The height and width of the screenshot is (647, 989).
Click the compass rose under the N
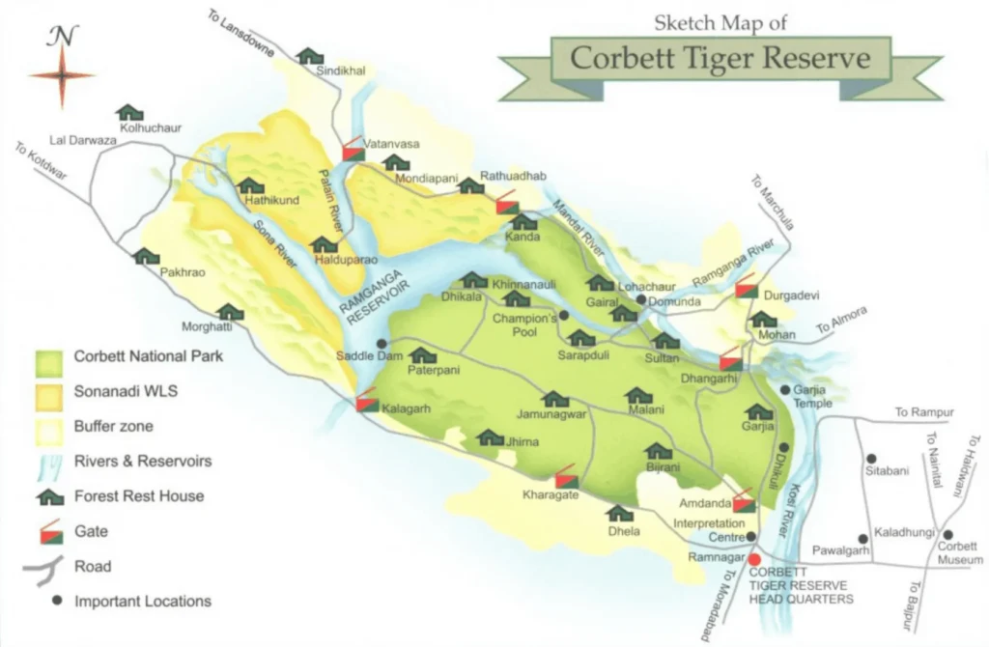click(63, 75)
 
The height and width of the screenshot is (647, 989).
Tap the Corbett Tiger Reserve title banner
click(720, 58)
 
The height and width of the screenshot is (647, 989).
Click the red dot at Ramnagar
click(754, 559)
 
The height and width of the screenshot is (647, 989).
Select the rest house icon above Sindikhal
click(310, 56)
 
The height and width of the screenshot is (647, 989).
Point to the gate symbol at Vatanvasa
click(353, 148)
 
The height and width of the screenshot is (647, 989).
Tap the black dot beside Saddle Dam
click(382, 343)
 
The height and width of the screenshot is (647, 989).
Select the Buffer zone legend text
click(113, 426)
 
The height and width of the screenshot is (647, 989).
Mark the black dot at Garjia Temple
click(785, 390)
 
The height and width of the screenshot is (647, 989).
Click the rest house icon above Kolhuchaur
click(128, 113)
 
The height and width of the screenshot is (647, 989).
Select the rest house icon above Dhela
click(619, 513)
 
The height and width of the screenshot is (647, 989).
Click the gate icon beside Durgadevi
click(745, 289)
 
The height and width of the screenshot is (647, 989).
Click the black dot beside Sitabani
click(872, 459)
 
